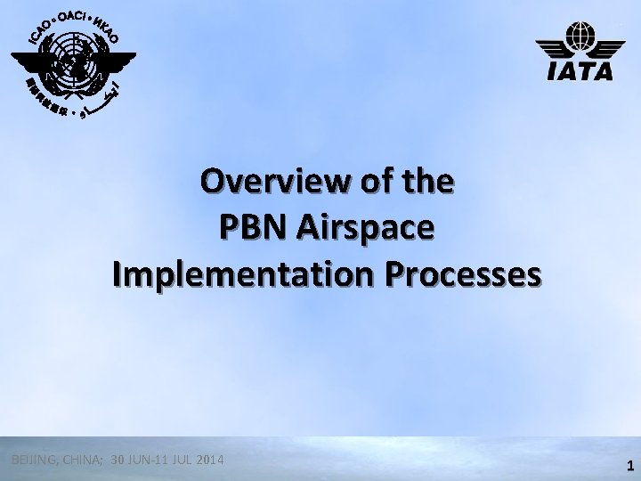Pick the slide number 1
tap(629, 465)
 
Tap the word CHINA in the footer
tap(79, 460)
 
